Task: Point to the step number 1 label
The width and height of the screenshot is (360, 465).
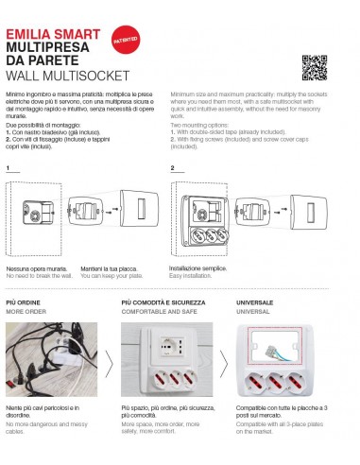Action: [x=8, y=169]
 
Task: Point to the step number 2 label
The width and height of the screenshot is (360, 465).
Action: [x=173, y=169]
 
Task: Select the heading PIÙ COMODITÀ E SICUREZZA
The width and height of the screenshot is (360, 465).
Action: [x=163, y=302]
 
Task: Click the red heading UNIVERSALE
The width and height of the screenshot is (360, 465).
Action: [x=255, y=302]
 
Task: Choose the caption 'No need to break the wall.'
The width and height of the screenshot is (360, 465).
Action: [x=40, y=275]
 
